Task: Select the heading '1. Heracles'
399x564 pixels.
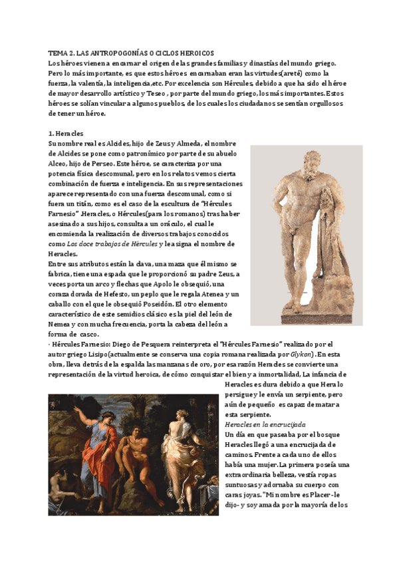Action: point(65,133)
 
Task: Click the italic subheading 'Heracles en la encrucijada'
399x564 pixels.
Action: point(265,424)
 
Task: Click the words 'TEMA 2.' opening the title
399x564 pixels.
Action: point(61,53)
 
